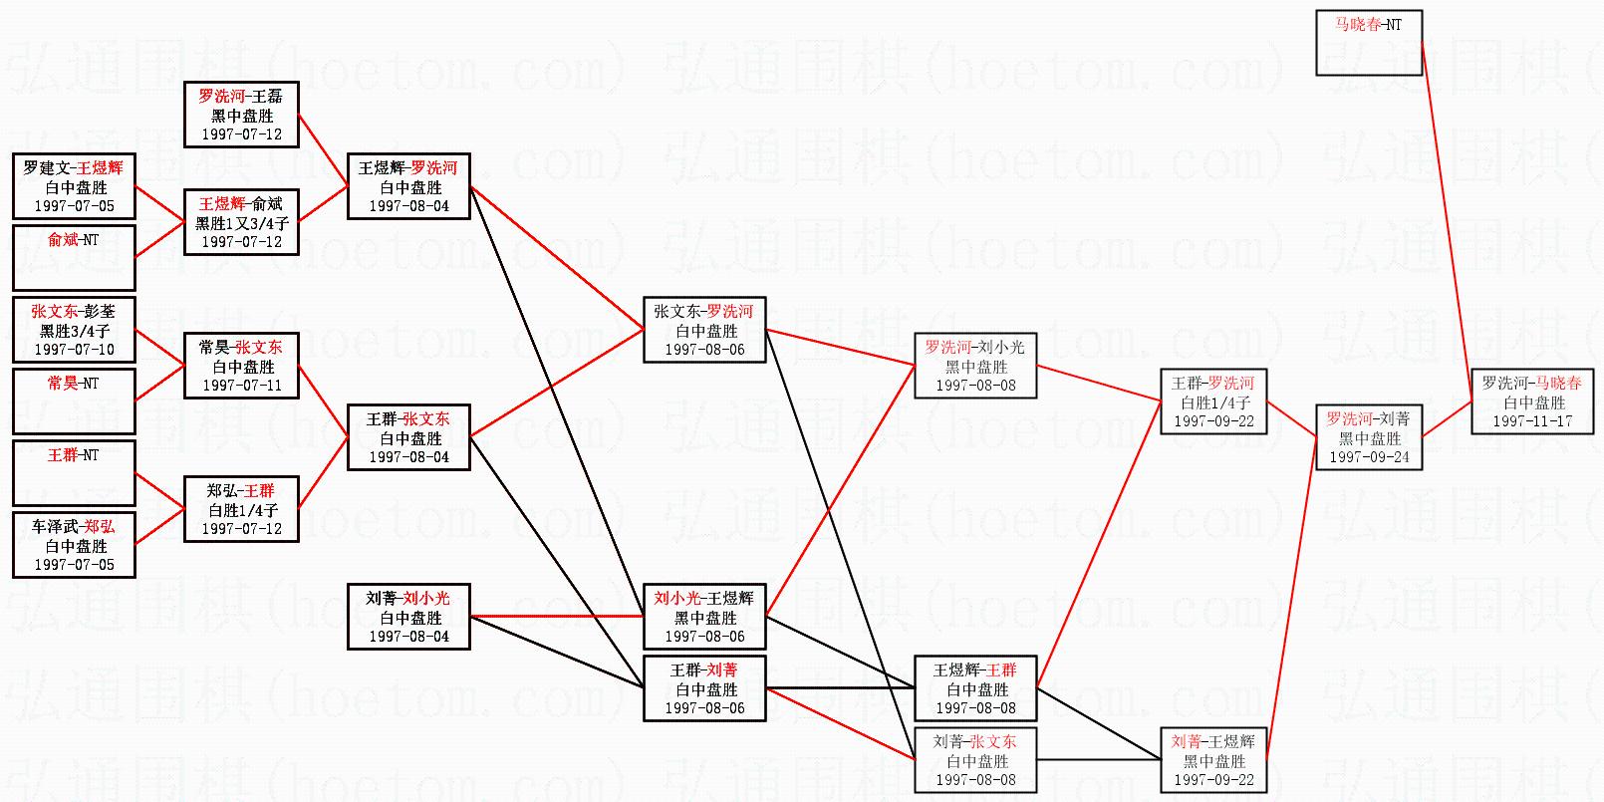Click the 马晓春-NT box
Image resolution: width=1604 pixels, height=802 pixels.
tap(1369, 43)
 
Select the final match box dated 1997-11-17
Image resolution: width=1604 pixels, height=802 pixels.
tap(1531, 401)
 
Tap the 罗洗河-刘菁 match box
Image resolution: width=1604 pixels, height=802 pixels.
tap(1369, 437)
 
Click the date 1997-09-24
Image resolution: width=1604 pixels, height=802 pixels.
tap(1369, 457)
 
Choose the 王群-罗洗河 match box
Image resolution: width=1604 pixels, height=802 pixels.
tap(1212, 401)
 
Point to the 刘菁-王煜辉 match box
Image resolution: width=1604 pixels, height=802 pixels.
tap(1212, 760)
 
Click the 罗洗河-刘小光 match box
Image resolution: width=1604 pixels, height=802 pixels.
tap(975, 366)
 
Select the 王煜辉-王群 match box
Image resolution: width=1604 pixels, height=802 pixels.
tap(975, 688)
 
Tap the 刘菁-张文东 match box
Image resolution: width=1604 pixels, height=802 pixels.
tap(975, 760)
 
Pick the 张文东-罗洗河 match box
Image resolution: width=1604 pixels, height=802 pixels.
tap(704, 330)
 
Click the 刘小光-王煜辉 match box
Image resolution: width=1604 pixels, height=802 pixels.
tap(704, 617)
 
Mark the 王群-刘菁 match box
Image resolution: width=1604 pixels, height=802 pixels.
tap(704, 688)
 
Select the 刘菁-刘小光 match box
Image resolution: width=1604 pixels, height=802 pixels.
tap(408, 617)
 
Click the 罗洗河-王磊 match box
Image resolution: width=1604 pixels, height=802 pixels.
tap(241, 115)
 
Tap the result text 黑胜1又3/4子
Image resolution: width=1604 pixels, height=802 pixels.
tap(241, 223)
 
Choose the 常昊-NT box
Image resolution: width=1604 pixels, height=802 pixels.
tap(74, 401)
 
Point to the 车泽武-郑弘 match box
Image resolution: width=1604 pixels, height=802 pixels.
tap(74, 545)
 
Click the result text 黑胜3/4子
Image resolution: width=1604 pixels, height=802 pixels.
tap(74, 331)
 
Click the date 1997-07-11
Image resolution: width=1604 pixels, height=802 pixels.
tap(241, 386)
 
